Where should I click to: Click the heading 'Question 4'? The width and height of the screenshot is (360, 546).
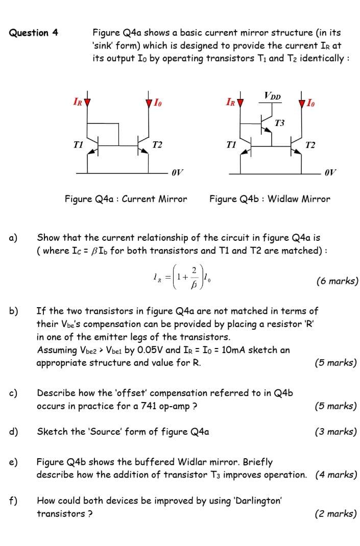tap(34, 33)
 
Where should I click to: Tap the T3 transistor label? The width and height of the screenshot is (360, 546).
tap(279, 123)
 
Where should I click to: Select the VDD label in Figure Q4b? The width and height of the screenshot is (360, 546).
tap(272, 95)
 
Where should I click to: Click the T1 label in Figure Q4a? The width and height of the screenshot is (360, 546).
tap(78, 145)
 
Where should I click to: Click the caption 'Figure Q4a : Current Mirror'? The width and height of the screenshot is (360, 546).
tap(126, 199)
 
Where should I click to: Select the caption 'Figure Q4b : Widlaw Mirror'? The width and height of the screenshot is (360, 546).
tap(270, 199)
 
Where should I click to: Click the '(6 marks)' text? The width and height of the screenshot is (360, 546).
tap(337, 281)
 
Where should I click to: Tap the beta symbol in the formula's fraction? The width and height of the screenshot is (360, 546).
tap(193, 287)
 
